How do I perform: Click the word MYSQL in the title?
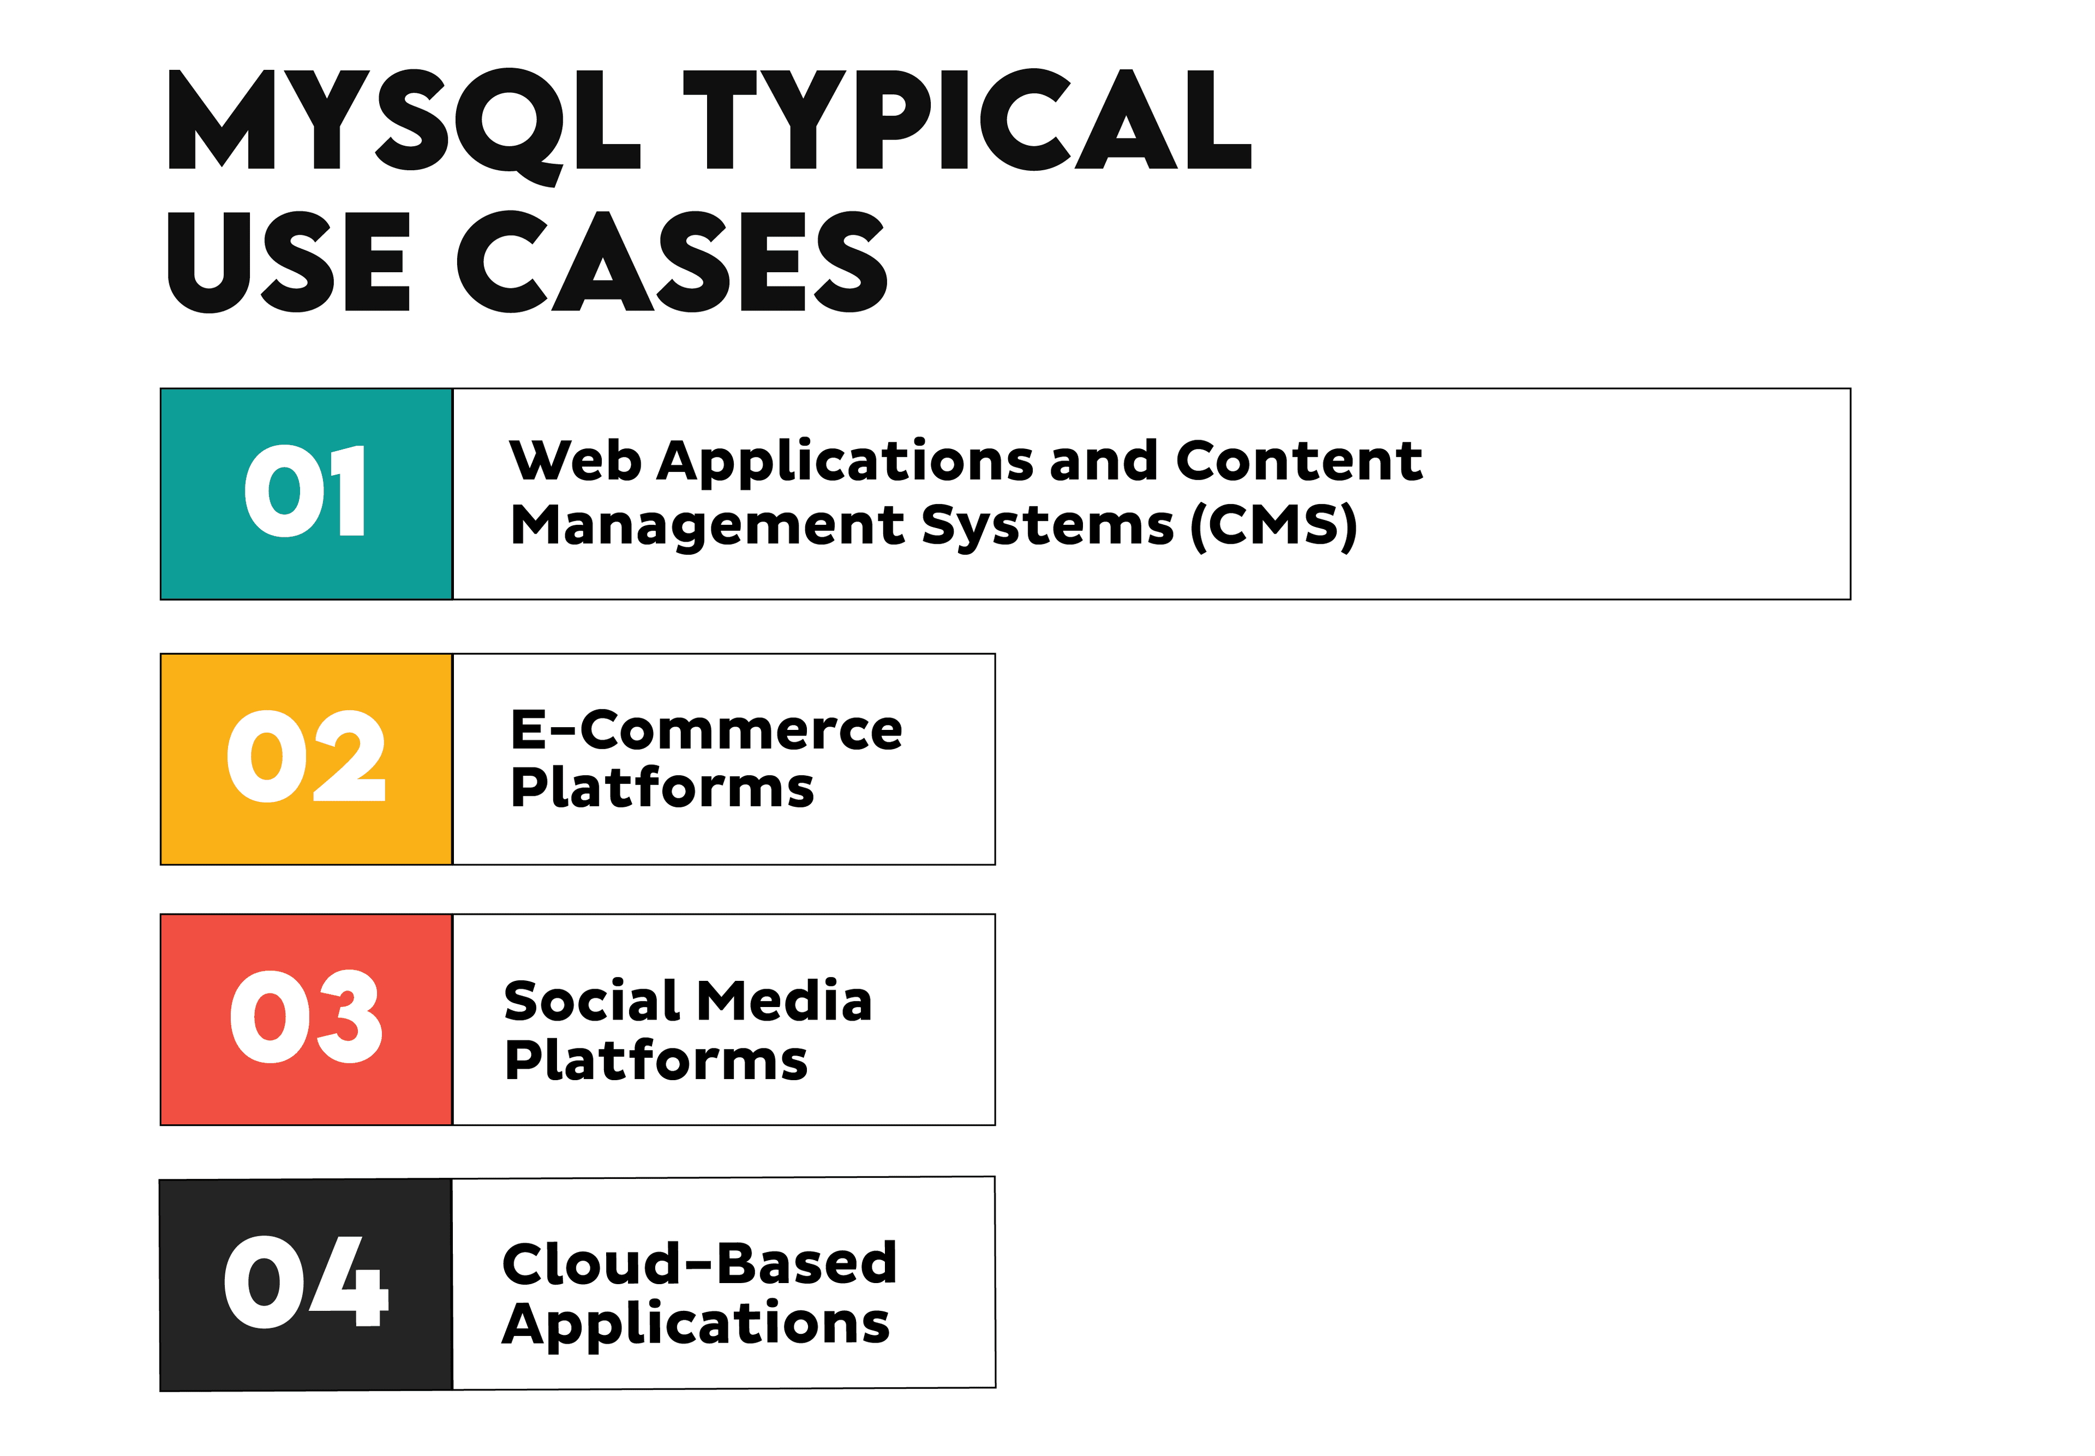[x=402, y=121]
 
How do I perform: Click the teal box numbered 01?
[x=307, y=494]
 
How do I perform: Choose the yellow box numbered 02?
[x=307, y=758]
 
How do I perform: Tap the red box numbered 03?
[x=307, y=1019]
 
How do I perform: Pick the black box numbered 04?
[x=307, y=1284]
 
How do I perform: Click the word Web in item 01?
[x=575, y=461]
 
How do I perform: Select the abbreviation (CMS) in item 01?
[x=1274, y=526]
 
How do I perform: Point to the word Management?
[x=707, y=526]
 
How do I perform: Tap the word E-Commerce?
[x=706, y=731]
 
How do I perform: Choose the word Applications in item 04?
[x=695, y=1325]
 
